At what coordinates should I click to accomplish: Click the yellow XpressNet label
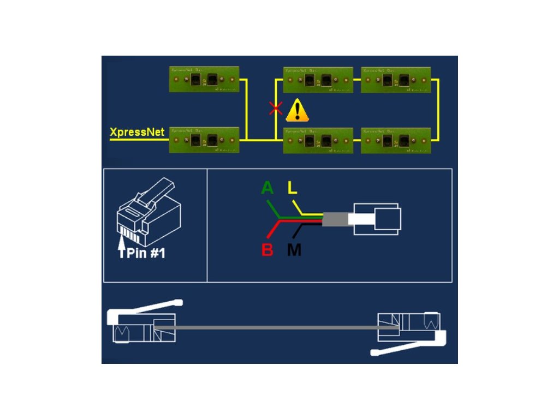click(x=137, y=132)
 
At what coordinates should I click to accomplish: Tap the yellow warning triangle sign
click(x=297, y=110)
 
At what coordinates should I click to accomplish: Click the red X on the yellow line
click(x=276, y=109)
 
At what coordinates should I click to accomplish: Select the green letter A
click(x=267, y=188)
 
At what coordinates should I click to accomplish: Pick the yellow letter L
click(x=293, y=188)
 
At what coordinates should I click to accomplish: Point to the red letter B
click(x=267, y=250)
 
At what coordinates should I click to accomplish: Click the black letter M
click(x=294, y=250)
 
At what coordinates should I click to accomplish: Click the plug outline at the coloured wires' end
click(x=377, y=220)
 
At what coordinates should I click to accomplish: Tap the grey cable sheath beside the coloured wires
click(x=335, y=220)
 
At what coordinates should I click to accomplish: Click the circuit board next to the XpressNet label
click(x=205, y=140)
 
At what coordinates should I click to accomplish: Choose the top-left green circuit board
click(x=205, y=80)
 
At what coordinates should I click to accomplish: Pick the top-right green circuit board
click(x=396, y=80)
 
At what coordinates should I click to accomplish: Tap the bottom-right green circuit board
click(x=396, y=140)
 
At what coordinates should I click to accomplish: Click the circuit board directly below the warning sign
click(x=318, y=140)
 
